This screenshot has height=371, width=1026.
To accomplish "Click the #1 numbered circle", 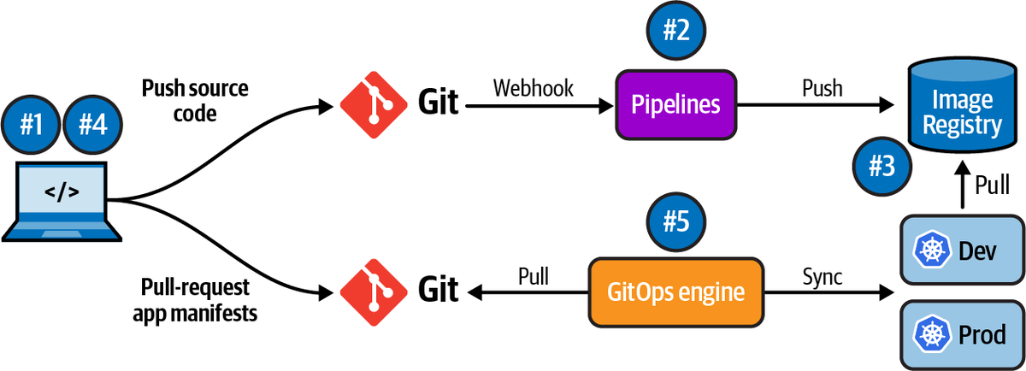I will [x=32, y=125].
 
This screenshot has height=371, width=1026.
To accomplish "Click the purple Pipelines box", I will [x=675, y=106].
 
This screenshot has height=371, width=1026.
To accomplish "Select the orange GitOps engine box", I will [x=675, y=292].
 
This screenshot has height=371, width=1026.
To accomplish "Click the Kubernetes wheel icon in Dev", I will [x=929, y=251].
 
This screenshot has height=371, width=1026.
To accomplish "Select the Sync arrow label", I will [x=823, y=275].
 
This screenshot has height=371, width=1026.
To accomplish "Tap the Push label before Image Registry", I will [x=822, y=88].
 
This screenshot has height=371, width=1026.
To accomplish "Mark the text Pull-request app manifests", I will [x=195, y=300].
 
